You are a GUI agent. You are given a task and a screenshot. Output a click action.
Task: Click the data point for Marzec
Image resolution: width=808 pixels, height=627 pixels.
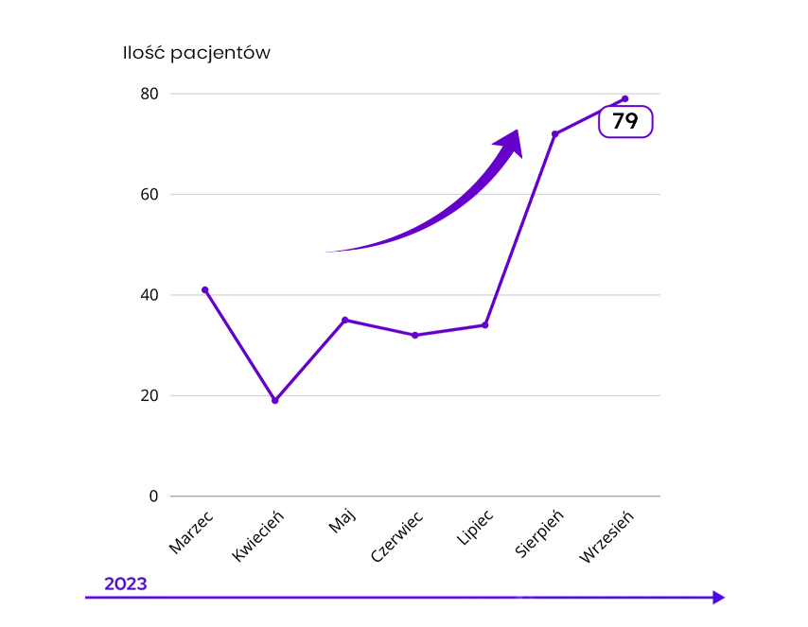coord(204,289)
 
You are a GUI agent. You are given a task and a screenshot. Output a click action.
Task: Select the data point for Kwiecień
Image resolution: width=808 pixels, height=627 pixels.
coord(274,400)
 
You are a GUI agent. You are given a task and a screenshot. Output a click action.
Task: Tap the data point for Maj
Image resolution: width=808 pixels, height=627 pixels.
coord(344,320)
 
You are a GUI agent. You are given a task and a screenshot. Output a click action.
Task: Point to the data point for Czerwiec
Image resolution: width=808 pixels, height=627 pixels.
coord(414,335)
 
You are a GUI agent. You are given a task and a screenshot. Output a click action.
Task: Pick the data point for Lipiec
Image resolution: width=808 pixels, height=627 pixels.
coord(484,325)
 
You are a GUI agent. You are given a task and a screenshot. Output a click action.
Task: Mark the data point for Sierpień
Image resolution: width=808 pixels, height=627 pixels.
coord(554,133)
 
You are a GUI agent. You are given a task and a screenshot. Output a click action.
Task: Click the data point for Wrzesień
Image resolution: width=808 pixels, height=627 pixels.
coord(624,98)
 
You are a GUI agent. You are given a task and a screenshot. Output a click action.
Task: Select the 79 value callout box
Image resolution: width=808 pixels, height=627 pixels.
coord(625,121)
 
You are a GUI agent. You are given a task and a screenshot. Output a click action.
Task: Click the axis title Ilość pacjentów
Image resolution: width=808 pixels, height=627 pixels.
coord(196,53)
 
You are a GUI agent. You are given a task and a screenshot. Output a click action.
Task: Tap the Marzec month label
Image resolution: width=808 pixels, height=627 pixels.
coord(191,531)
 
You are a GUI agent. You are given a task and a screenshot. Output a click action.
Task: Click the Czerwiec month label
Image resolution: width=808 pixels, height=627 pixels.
coord(396,536)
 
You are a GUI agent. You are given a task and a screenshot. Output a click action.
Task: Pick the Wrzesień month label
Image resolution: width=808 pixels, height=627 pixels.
coord(606,536)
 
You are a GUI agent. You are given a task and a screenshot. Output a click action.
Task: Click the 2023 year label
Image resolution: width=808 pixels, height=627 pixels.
coord(125,583)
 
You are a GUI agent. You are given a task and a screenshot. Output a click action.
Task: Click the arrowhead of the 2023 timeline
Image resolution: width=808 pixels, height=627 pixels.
coord(718,597)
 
